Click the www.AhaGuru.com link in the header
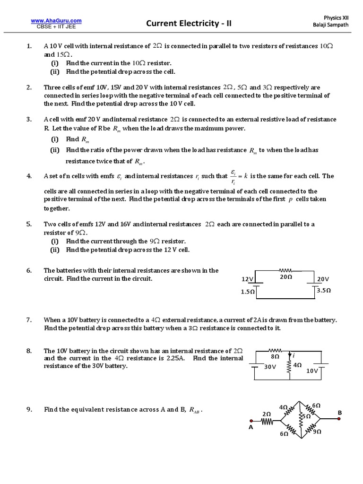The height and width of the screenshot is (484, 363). coord(56,20)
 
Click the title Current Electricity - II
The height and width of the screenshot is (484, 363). coord(182,23)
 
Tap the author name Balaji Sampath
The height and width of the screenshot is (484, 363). coord(331,25)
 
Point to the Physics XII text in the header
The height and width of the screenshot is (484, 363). coord(336,17)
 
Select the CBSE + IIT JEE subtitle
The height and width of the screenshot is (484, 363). coord(56,26)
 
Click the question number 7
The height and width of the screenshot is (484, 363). coord(29,320)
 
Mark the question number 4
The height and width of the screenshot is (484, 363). coord(29,176)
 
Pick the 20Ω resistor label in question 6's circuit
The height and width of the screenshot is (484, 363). coord(286,277)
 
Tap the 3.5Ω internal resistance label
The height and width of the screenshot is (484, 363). coord(323,290)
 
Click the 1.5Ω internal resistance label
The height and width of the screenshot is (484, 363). coord(248,292)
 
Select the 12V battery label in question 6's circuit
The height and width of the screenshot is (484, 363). coord(248,279)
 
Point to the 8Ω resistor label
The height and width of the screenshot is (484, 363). coord(275,357)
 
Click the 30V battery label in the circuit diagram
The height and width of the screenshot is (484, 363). coord(270,367)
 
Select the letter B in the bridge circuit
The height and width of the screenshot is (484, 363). coord(339,413)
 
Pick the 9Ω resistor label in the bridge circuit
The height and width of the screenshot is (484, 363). coord(317,431)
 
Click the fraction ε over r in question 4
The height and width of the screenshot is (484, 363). coord(233,176)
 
